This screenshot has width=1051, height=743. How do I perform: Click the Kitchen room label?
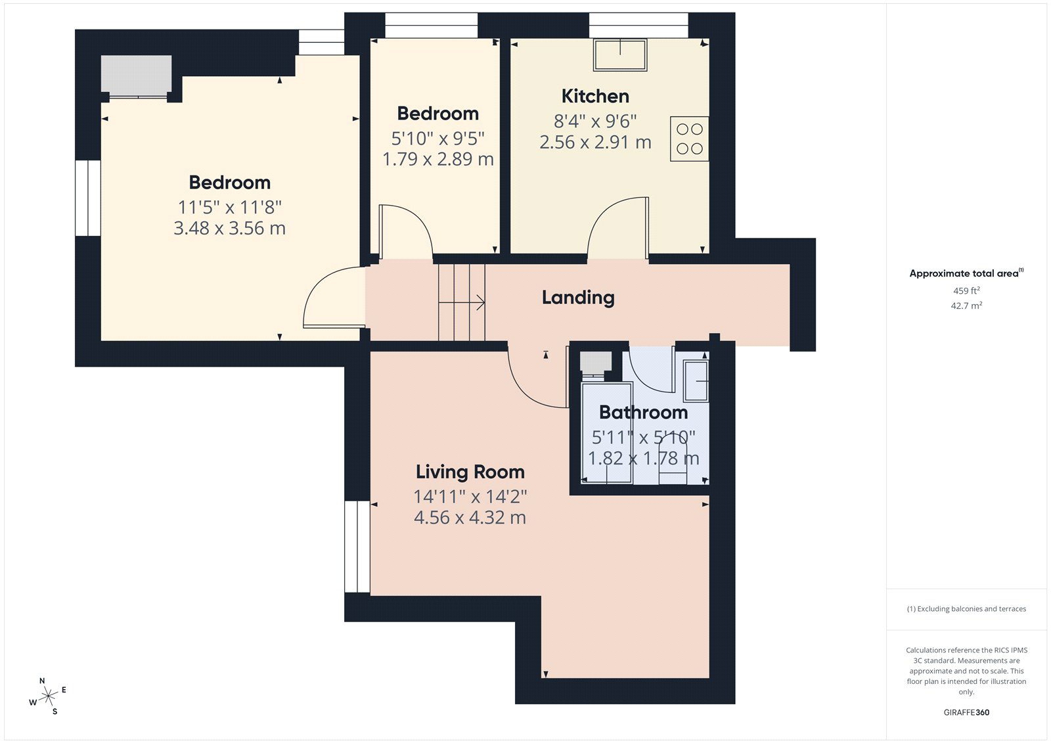[595, 97]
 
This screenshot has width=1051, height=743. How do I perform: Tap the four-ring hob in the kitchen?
[689, 139]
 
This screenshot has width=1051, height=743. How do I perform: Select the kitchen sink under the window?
[620, 55]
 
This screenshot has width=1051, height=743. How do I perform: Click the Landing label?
[578, 298]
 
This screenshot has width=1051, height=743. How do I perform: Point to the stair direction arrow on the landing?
[462, 303]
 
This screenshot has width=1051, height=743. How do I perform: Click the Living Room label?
[470, 472]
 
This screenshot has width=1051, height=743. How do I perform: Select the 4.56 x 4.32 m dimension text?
[470, 518]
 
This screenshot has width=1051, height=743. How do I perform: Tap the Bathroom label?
[643, 413]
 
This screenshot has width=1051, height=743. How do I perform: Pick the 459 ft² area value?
[966, 290]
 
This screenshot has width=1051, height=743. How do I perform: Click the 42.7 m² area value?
[966, 305]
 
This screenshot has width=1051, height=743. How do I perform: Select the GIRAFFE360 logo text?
[966, 712]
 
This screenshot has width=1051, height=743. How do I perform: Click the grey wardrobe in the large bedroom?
[136, 74]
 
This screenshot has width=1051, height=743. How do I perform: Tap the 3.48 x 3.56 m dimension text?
[229, 229]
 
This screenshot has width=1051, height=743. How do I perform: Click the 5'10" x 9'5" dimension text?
[437, 139]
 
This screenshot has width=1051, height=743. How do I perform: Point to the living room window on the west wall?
[357, 547]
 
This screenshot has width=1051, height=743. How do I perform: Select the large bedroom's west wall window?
[87, 198]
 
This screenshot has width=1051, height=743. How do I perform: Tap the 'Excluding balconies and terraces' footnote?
[966, 609]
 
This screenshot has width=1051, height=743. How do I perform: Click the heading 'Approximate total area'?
[964, 273]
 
